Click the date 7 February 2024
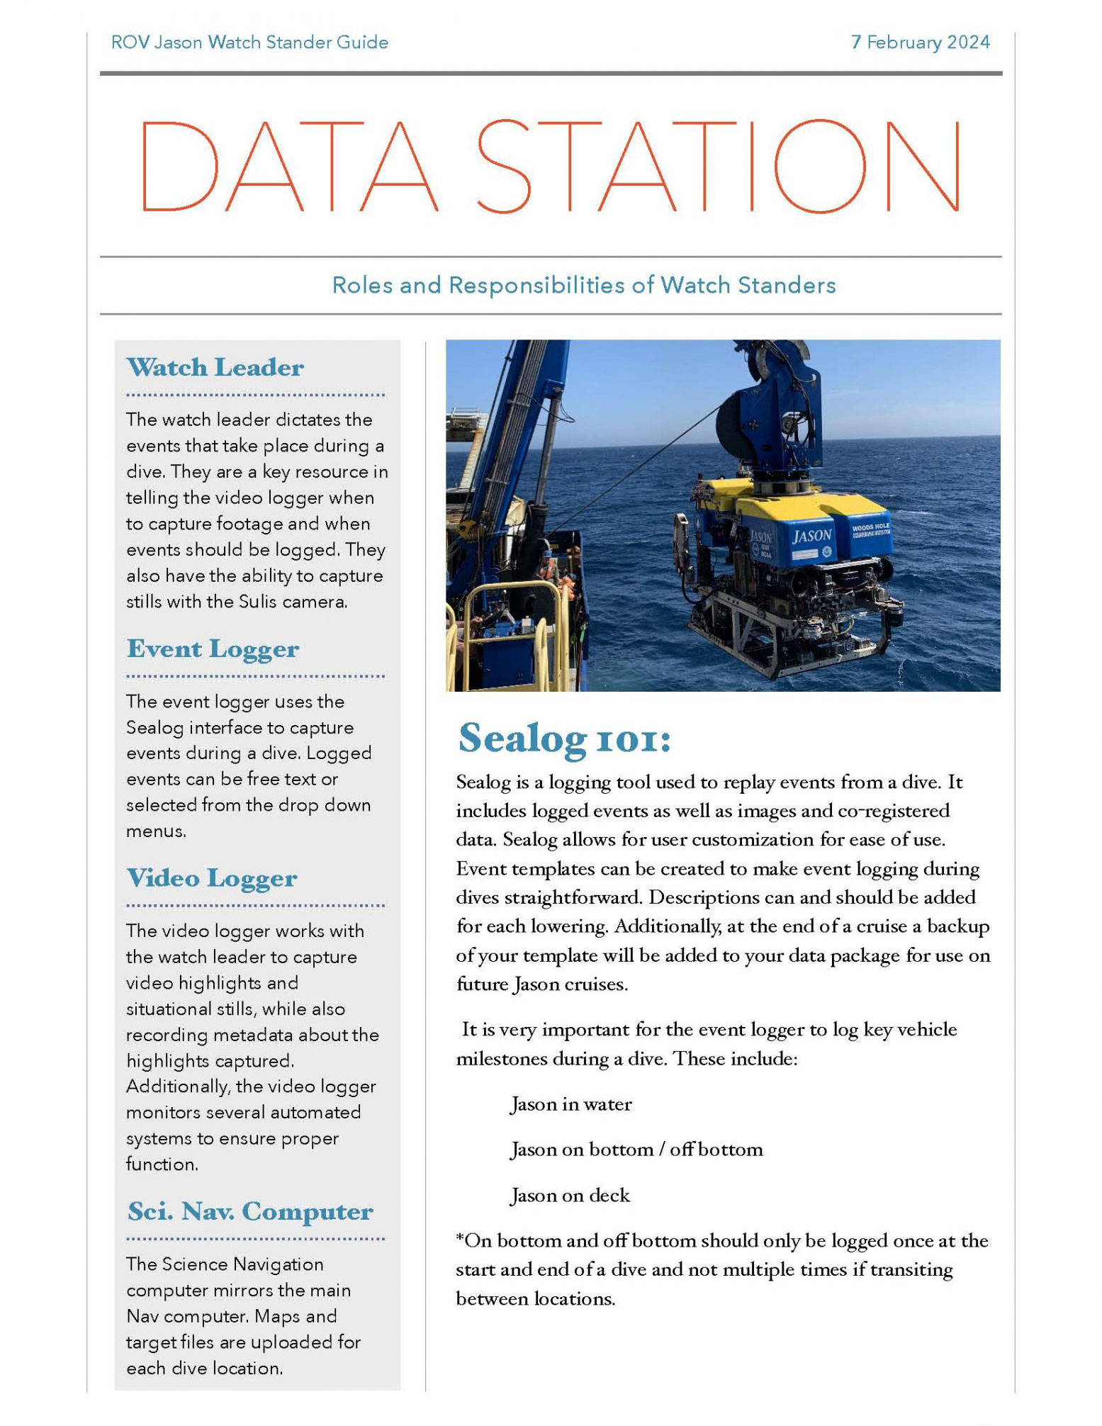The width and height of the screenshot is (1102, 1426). (920, 43)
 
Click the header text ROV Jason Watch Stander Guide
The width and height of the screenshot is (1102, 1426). (249, 43)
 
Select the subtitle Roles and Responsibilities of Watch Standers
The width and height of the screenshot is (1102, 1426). (583, 285)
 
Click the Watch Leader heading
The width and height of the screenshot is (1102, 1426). (215, 367)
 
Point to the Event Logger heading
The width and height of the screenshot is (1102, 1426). (213, 649)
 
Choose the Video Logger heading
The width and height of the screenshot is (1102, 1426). (211, 878)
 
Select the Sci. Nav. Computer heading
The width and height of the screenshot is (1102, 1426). (249, 1211)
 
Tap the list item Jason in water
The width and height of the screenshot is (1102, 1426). (570, 1104)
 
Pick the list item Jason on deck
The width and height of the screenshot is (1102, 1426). (570, 1196)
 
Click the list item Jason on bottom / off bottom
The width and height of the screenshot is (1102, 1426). (636, 1150)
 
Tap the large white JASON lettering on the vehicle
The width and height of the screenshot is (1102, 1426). (811, 535)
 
